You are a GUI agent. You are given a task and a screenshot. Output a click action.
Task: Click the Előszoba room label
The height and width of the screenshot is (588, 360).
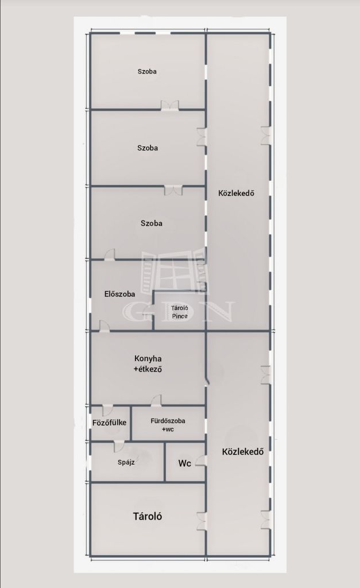pos(119,294)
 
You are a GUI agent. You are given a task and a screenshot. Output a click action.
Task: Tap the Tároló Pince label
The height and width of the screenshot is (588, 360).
pos(180,312)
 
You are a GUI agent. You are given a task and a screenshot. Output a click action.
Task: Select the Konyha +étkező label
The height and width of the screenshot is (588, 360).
pos(148,363)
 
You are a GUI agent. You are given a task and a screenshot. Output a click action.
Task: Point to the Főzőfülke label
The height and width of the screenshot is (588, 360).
pos(109,423)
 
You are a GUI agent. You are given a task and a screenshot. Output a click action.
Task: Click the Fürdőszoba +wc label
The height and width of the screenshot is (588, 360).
pos(168,425)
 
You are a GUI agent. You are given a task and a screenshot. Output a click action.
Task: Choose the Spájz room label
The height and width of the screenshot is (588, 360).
pos(126,462)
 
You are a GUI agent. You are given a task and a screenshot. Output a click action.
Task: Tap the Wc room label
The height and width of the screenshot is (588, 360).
pos(184,463)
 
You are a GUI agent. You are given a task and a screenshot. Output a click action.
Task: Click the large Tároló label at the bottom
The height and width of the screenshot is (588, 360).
pos(148,516)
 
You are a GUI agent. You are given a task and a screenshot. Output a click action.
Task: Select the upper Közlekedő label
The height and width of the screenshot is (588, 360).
pos(236,193)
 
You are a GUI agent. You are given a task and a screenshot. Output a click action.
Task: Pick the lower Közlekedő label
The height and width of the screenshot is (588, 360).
pos(243,451)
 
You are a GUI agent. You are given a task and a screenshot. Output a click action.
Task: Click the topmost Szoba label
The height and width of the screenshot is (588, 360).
pos(147,71)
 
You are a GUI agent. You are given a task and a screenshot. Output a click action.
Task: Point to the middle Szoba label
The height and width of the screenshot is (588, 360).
pos(148,148)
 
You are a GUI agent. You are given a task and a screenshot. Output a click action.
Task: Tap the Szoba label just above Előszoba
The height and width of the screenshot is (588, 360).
pos(152,223)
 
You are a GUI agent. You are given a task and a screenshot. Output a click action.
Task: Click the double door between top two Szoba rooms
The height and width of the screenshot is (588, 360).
pos(170,106)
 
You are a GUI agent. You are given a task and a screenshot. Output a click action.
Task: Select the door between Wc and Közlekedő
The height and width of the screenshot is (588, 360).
pos(201,461)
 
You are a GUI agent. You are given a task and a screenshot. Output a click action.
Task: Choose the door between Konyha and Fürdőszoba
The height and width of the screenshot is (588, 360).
pos(156,400)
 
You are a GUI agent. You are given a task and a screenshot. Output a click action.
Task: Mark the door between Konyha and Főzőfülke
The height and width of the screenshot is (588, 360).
pos(107,410)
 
